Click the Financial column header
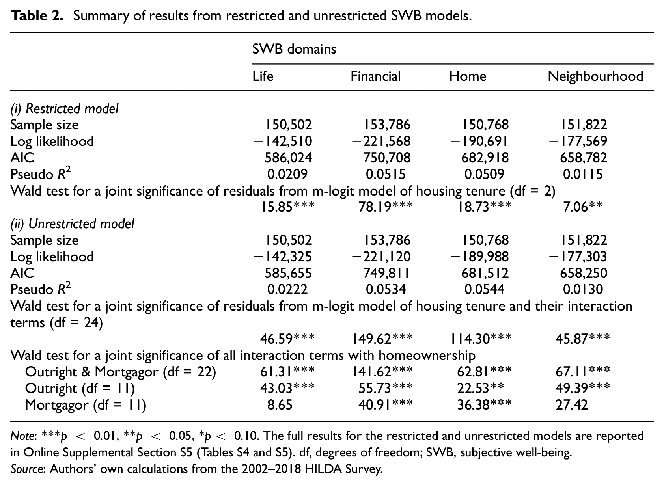click(376, 76)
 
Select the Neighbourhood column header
click(595, 76)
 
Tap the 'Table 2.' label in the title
click(37, 15)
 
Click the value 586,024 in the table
click(288, 158)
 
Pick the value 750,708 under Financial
click(387, 158)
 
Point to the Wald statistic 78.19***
click(386, 207)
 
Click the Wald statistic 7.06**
click(583, 207)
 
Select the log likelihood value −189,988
click(479, 256)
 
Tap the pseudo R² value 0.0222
click(287, 289)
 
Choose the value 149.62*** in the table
click(382, 339)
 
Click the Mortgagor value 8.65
click(280, 404)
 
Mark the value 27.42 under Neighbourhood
click(571, 404)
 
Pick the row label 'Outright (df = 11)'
click(80, 388)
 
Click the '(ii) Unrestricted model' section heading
click(72, 224)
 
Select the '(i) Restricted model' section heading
click(64, 108)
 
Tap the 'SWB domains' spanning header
click(294, 49)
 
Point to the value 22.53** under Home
click(481, 388)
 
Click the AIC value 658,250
click(584, 273)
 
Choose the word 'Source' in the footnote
click(27, 469)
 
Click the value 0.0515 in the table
click(386, 174)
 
